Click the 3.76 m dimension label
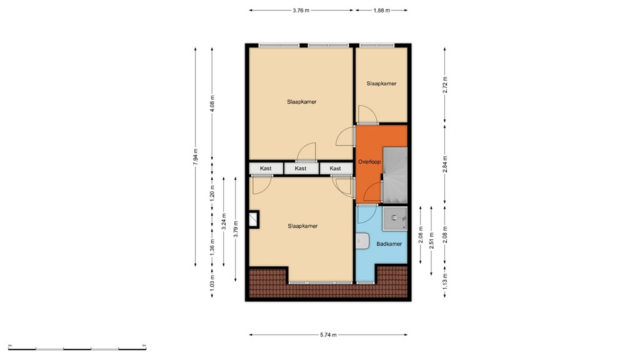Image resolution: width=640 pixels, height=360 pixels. [301, 11]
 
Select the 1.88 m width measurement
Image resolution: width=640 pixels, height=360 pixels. [381, 11]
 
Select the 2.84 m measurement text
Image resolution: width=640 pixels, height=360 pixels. [445, 162]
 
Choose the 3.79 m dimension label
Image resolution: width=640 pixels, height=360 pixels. [236, 226]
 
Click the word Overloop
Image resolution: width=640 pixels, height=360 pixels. [369, 162]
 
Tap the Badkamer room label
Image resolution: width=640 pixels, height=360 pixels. [389, 244]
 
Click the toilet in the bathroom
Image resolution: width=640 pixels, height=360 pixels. [362, 241]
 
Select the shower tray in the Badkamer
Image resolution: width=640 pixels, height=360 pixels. [394, 217]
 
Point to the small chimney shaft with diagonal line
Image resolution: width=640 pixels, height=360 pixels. [254, 219]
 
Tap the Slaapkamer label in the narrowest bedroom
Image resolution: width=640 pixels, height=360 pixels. [381, 83]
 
